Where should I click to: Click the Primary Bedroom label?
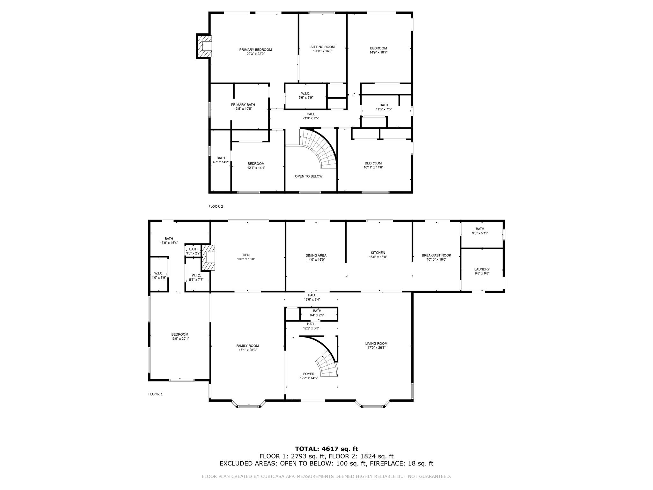click(255, 50)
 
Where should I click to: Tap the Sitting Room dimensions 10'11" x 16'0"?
click(323, 51)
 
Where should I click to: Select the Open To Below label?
click(309, 176)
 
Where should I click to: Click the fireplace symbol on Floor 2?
click(204, 46)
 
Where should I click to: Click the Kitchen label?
click(378, 253)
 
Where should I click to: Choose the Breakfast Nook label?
click(437, 255)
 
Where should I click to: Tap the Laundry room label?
click(482, 269)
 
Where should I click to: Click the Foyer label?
click(309, 374)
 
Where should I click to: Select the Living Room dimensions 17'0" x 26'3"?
click(377, 348)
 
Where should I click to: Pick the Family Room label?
click(247, 346)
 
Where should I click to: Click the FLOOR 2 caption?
click(216, 206)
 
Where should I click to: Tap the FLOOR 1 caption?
click(156, 394)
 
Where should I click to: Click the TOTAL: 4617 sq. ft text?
click(326, 449)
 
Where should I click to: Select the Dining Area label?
click(316, 256)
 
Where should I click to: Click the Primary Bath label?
click(243, 105)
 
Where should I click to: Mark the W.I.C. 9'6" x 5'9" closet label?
click(305, 95)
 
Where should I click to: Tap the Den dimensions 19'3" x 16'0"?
click(246, 259)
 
